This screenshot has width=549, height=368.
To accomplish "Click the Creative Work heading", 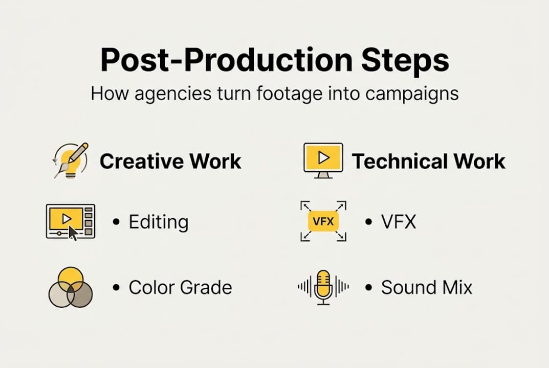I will (170, 162).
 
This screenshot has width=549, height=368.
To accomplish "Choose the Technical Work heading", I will (429, 162).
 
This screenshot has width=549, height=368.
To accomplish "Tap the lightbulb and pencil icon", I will (71, 160).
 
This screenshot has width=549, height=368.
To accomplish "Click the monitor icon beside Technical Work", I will (323, 160).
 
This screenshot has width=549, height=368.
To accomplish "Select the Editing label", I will (159, 222).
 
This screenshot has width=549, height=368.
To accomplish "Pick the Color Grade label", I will (180, 287).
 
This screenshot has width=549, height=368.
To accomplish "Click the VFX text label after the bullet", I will (399, 222).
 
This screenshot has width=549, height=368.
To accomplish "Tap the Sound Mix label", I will (427, 287).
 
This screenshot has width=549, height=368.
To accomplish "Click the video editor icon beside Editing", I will (70, 221).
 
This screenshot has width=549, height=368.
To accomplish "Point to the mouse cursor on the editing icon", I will (73, 233).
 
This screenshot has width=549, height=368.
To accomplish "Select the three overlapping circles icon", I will (71, 288).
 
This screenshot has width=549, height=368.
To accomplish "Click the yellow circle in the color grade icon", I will (71, 277).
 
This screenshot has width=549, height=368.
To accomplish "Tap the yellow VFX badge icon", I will (323, 221).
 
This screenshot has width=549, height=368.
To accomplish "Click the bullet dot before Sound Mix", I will (368, 288).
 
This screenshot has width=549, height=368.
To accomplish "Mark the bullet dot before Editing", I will (116, 222).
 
